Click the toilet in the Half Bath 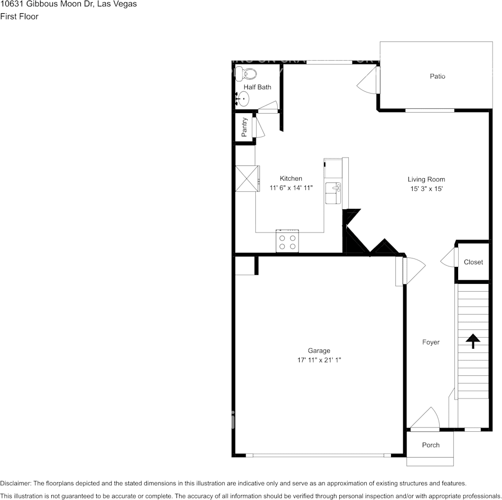[246, 73]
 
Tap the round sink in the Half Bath [243, 98]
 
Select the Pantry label [244, 127]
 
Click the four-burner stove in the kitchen [287, 242]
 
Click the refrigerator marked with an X [247, 179]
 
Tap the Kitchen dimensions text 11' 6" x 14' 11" [291, 188]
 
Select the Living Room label [426, 179]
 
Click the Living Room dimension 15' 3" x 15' [426, 189]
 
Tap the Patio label [437, 76]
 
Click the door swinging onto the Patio [368, 81]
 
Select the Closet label [473, 262]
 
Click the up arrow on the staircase [472, 341]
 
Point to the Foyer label [431, 342]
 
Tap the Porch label [431, 445]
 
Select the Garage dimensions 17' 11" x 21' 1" [319, 360]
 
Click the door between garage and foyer [411, 270]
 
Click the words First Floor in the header [19, 16]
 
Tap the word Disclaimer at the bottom [15, 483]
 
